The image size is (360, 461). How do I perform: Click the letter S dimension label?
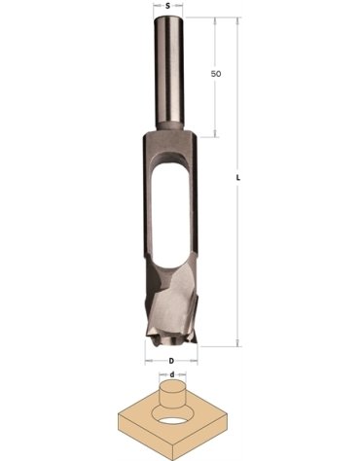coord(171,7)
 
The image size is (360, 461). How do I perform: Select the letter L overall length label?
coord(238,179)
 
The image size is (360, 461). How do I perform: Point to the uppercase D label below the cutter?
coord(171,359)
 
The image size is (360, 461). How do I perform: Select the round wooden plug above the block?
coord(171,398)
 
